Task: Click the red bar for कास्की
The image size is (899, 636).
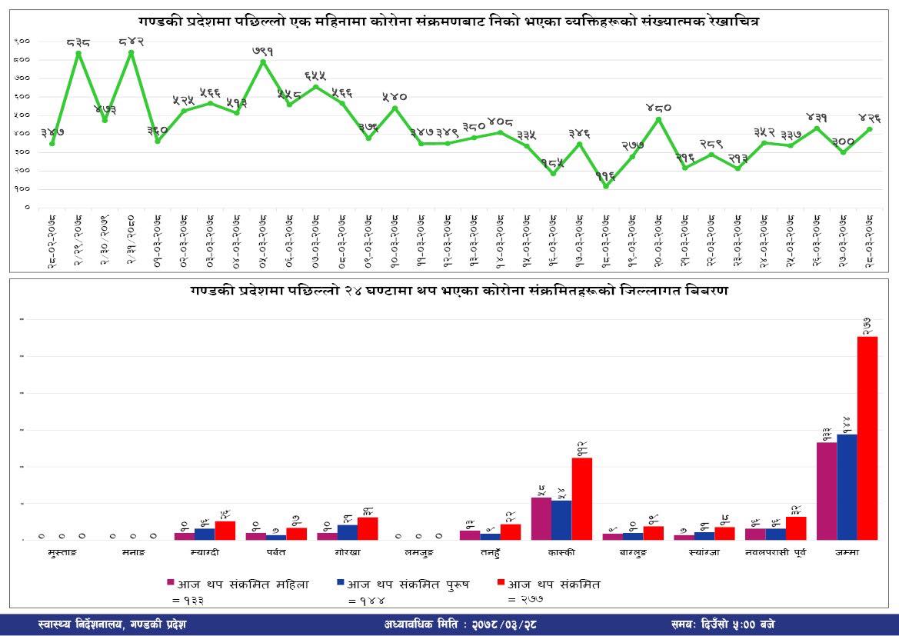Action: click(582, 498)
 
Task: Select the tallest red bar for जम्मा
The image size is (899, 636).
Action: click(867, 438)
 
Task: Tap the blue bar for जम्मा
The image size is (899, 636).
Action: click(847, 487)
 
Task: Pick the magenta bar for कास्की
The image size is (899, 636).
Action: click(541, 518)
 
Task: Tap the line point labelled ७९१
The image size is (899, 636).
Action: click(263, 62)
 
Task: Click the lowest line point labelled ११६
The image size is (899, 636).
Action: click(606, 186)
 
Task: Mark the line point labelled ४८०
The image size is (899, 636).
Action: click(658, 118)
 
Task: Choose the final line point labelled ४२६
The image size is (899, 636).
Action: click(870, 128)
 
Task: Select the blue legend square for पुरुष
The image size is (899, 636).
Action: click(341, 584)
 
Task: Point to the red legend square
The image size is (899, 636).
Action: click(501, 584)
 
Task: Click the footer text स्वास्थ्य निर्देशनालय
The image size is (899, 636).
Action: click(111, 624)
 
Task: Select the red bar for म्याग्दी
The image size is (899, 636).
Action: click(225, 531)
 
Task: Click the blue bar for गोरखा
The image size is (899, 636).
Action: click(348, 532)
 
